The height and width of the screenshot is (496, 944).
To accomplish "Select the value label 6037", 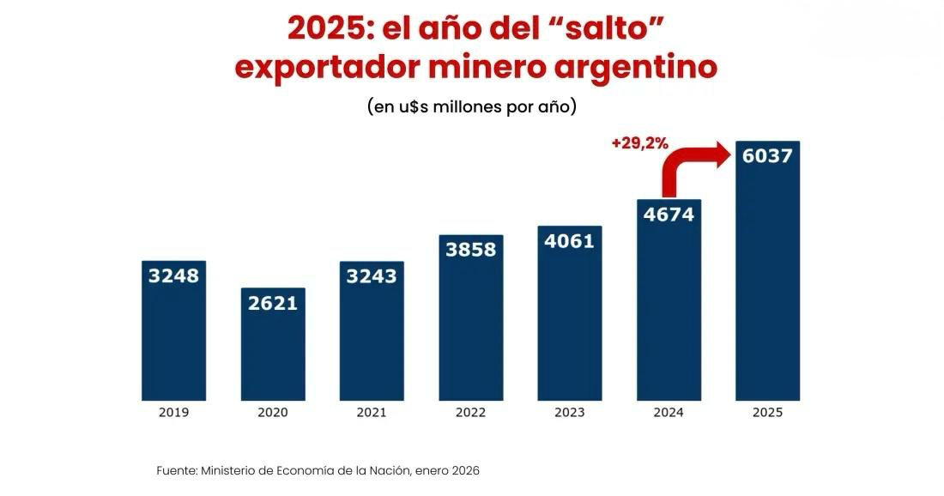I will (x=767, y=156).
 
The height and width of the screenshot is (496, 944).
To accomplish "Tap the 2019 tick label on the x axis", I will (x=173, y=413).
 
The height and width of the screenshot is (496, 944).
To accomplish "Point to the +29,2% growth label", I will (x=639, y=143).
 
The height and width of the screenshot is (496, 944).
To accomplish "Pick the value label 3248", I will (x=173, y=275).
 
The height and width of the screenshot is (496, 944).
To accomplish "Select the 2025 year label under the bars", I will (x=767, y=413).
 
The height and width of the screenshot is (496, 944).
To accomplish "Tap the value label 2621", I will (x=273, y=303).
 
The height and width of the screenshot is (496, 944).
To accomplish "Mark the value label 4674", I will (x=669, y=215).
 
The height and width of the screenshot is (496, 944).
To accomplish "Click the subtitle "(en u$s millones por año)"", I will (x=471, y=107).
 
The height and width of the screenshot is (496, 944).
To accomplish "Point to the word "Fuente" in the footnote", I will (x=176, y=470).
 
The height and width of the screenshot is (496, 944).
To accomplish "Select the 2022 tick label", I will (x=470, y=413).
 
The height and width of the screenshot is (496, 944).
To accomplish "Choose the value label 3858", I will (x=470, y=250).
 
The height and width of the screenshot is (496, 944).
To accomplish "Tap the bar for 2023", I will (x=570, y=326).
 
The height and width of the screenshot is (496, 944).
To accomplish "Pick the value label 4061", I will (x=570, y=241).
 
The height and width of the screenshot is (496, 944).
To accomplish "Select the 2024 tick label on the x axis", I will (x=669, y=413).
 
